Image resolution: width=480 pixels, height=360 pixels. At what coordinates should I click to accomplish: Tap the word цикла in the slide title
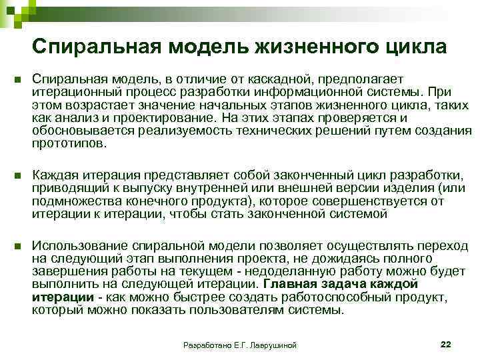(417, 47)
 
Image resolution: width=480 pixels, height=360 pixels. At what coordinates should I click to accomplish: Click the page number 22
(446, 343)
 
